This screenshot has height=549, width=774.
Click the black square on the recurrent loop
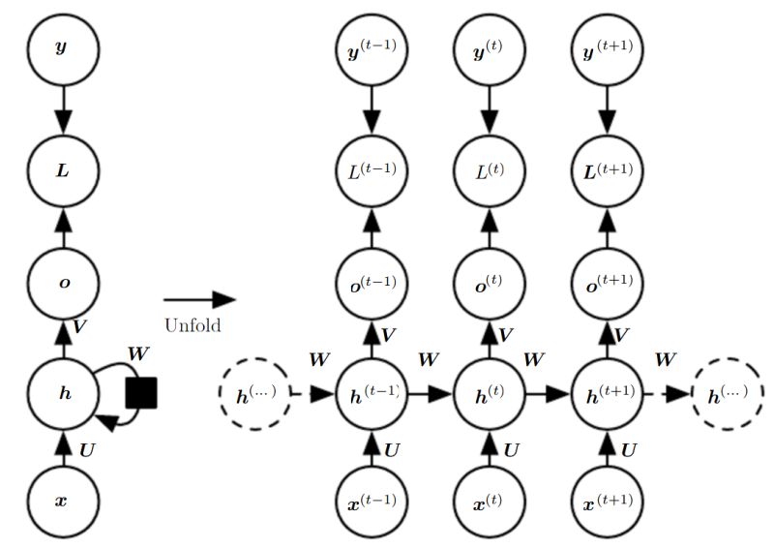[x=141, y=392]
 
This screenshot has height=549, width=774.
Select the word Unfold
[x=192, y=325]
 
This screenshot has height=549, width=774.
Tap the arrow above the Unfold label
[x=198, y=300]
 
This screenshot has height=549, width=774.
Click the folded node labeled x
[x=62, y=503]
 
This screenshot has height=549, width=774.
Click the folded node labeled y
[x=62, y=47]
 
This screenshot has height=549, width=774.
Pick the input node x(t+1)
[x=608, y=504]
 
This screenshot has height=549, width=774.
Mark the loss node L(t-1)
[x=372, y=170]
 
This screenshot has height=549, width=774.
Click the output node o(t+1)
[x=608, y=282]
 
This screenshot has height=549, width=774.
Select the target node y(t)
[x=489, y=47]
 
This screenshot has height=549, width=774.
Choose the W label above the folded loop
[x=138, y=353]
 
